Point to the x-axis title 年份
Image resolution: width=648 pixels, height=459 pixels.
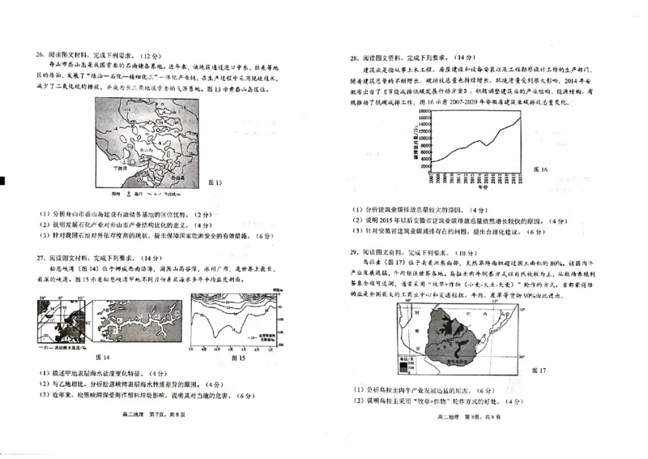tap(460, 187)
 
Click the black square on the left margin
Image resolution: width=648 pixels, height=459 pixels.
tap(3, 179)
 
